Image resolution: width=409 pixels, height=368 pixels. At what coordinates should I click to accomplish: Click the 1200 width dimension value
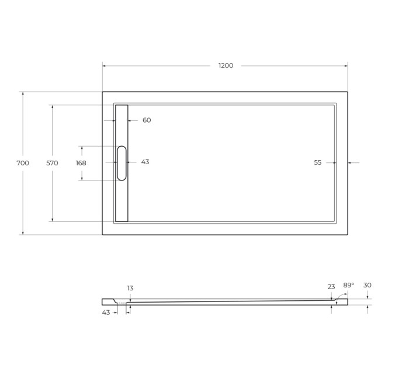tap(226, 65)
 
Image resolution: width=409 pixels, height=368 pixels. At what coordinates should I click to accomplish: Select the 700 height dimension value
tap(23, 163)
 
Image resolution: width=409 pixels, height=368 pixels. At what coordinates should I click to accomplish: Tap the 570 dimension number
tap(52, 163)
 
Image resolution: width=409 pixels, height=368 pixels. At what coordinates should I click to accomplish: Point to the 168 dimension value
tap(81, 163)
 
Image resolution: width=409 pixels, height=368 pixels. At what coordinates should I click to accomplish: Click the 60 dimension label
tap(147, 120)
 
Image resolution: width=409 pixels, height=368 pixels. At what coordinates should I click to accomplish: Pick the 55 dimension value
tap(318, 163)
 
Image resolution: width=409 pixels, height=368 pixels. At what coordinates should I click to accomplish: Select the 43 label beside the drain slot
tap(145, 162)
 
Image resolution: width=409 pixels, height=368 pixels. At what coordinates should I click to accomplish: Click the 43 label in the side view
tap(106, 313)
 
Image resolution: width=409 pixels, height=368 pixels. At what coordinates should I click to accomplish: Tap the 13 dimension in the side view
tap(130, 288)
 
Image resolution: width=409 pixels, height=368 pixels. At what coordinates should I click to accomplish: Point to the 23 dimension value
tap(331, 287)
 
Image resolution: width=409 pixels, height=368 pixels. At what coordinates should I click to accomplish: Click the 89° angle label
tap(348, 285)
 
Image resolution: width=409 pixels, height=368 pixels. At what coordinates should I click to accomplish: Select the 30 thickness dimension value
tap(367, 285)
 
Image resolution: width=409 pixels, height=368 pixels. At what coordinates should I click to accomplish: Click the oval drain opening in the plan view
tap(122, 163)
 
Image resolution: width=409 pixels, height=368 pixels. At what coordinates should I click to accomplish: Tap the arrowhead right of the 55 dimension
tap(350, 163)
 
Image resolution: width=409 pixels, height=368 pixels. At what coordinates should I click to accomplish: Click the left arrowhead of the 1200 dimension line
tap(105, 65)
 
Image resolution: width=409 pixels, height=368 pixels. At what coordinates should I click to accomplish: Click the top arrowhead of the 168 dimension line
tap(81, 147)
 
